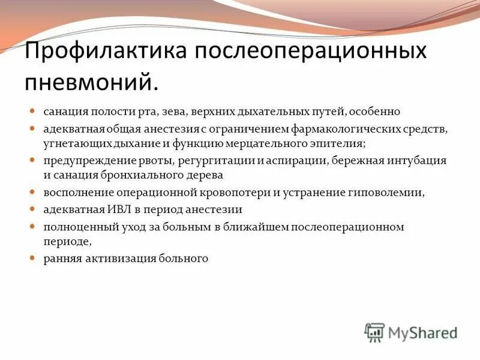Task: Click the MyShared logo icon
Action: [x=374, y=332]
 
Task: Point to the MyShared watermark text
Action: [x=422, y=332]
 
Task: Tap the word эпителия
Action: [x=334, y=144]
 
